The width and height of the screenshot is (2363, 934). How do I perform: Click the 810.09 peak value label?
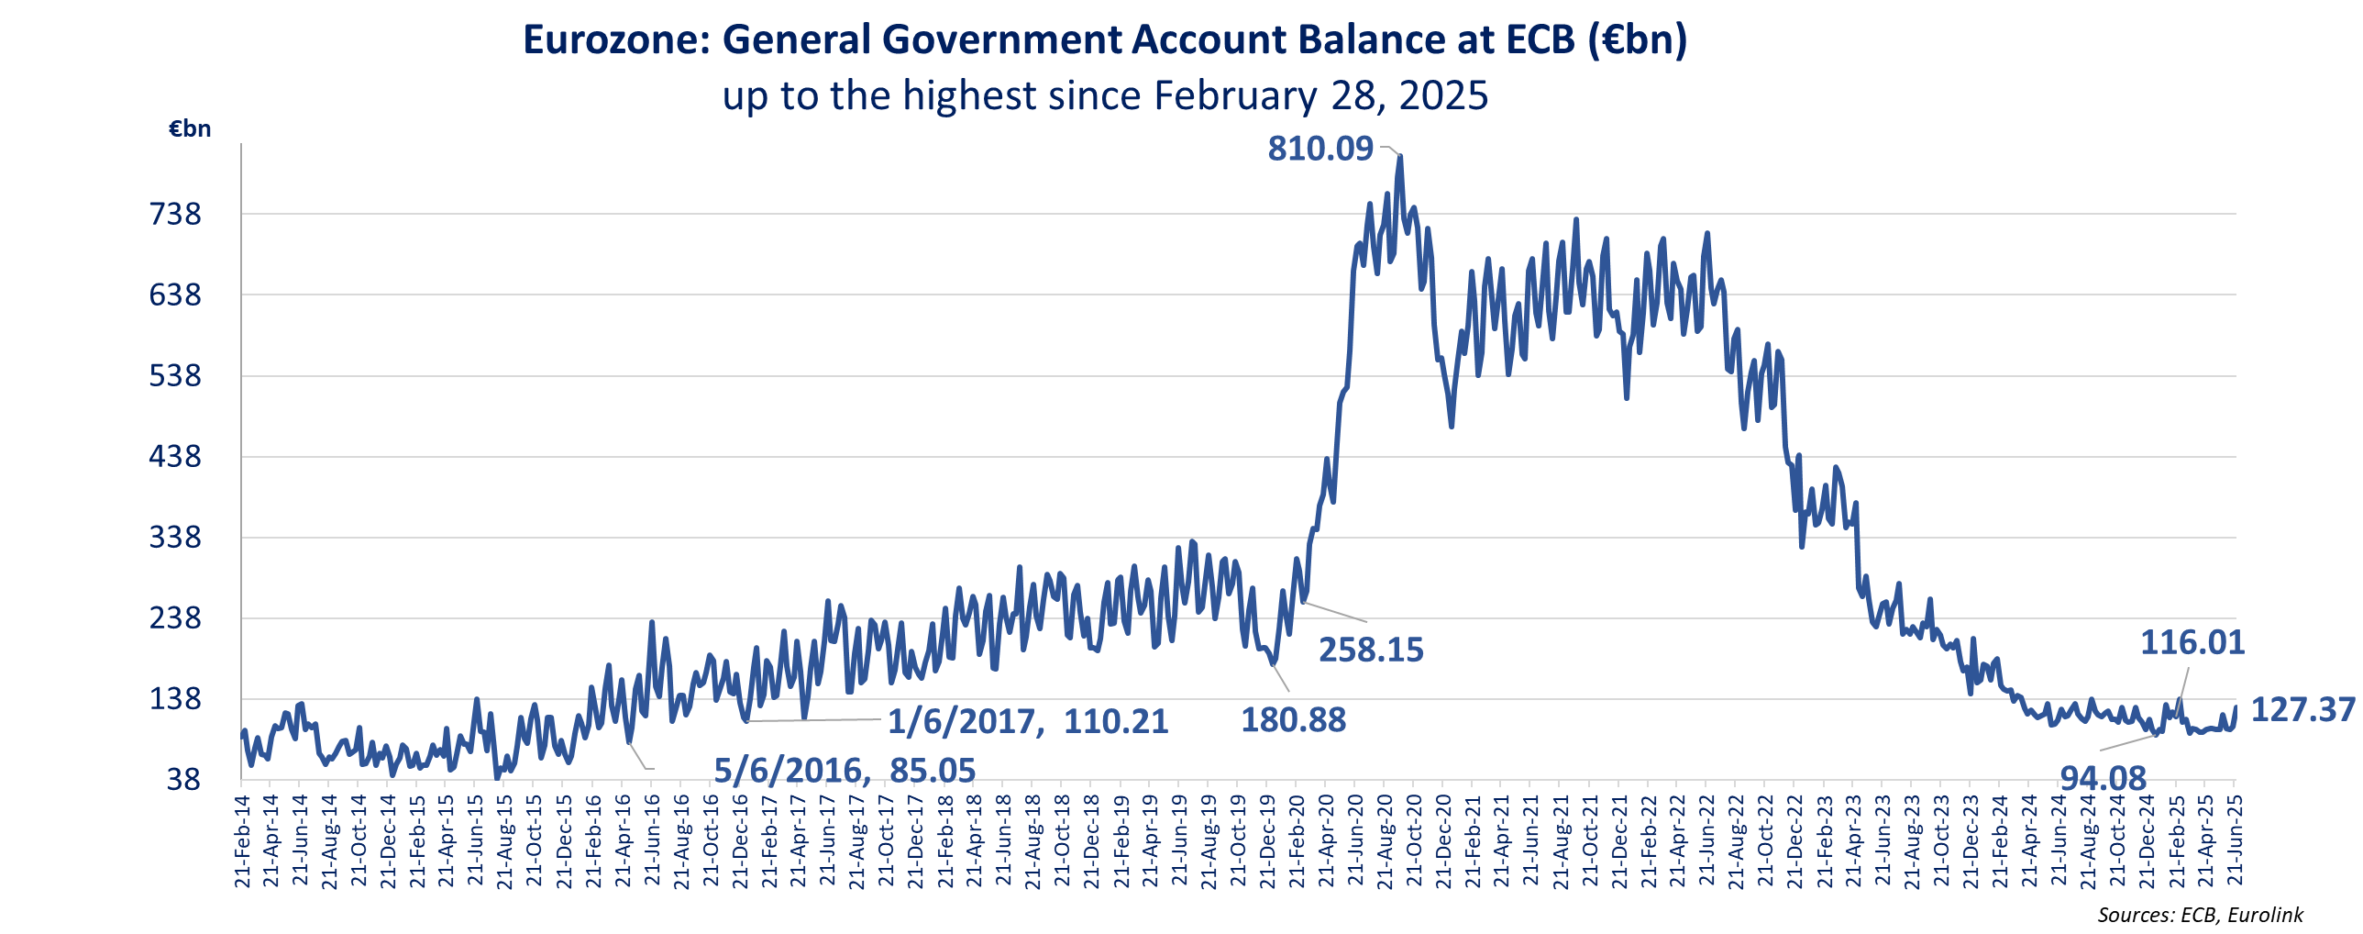coord(1320,149)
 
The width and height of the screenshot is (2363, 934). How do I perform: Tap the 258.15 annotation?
coord(1371,650)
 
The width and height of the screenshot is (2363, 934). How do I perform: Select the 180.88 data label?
coord(1294,720)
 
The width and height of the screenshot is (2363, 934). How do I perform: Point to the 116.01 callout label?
coord(2192,642)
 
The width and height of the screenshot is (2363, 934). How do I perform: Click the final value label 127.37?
coord(2303,709)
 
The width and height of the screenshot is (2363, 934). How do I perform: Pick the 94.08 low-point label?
coord(2104,779)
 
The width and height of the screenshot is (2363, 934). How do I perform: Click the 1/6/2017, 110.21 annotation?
coord(1027,722)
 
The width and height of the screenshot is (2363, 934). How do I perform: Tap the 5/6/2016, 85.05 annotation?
coord(844,771)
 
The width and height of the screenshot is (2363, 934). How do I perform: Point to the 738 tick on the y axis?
coord(175,215)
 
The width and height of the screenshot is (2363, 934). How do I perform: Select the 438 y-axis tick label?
coord(175,456)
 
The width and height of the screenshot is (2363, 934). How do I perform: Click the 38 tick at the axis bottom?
coord(183,780)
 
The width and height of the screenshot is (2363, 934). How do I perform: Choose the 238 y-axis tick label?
coord(175,617)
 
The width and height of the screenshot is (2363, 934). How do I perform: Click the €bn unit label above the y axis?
coord(190,129)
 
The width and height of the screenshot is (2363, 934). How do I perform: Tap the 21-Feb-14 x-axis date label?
coord(242,842)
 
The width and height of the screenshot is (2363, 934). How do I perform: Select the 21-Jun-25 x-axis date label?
coord(2236,842)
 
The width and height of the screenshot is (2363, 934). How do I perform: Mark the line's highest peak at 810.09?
coord(1401,157)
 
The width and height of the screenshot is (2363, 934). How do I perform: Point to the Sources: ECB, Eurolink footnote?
coord(2200,915)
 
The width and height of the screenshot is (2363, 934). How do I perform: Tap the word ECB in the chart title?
coord(1540,40)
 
